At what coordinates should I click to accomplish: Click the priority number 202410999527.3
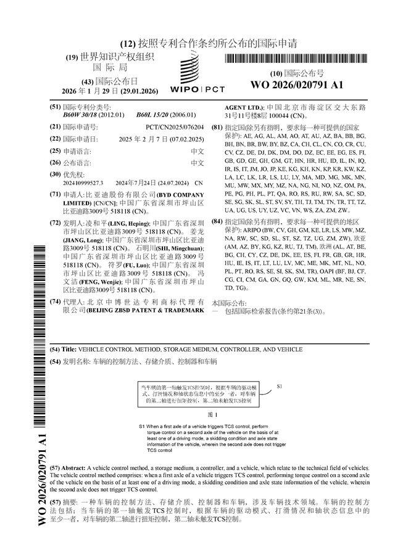pyautogui.click(x=83, y=183)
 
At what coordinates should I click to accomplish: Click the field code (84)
pyautogui.click(x=217, y=221)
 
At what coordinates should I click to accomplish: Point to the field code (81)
pyautogui.click(x=217, y=128)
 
